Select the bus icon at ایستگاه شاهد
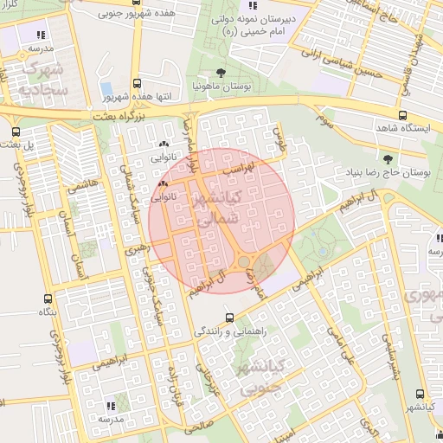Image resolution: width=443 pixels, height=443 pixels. (x=402, y=115)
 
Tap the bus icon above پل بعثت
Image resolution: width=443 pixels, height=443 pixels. (x=16, y=132)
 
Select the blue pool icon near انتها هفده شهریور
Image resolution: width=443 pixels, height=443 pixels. (x=106, y=89)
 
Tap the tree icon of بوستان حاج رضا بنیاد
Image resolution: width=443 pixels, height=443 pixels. (x=387, y=160)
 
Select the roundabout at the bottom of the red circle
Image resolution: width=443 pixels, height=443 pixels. (x=245, y=261)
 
